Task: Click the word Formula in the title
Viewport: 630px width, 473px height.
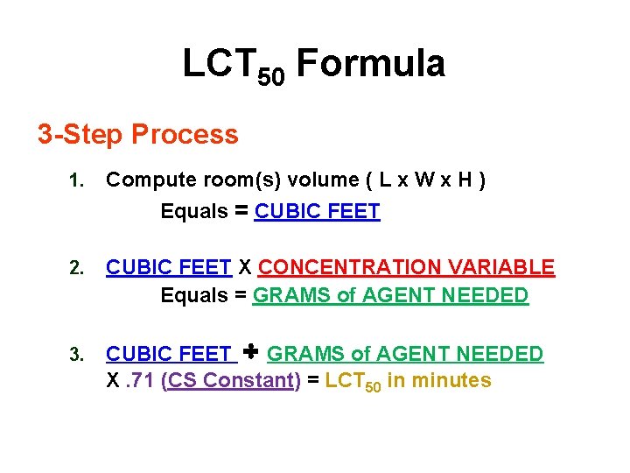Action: click(370, 65)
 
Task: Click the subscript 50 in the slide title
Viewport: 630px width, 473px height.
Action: click(272, 77)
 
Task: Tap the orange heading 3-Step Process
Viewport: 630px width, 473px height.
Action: click(137, 135)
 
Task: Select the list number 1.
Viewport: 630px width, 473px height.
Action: click(76, 182)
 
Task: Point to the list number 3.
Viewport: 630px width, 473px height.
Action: click(76, 356)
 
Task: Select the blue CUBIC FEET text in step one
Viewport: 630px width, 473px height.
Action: click(317, 211)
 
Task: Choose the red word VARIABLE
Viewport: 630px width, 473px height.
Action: click(513, 267)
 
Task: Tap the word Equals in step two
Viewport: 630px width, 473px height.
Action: click(193, 296)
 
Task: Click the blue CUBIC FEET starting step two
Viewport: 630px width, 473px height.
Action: click(169, 267)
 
